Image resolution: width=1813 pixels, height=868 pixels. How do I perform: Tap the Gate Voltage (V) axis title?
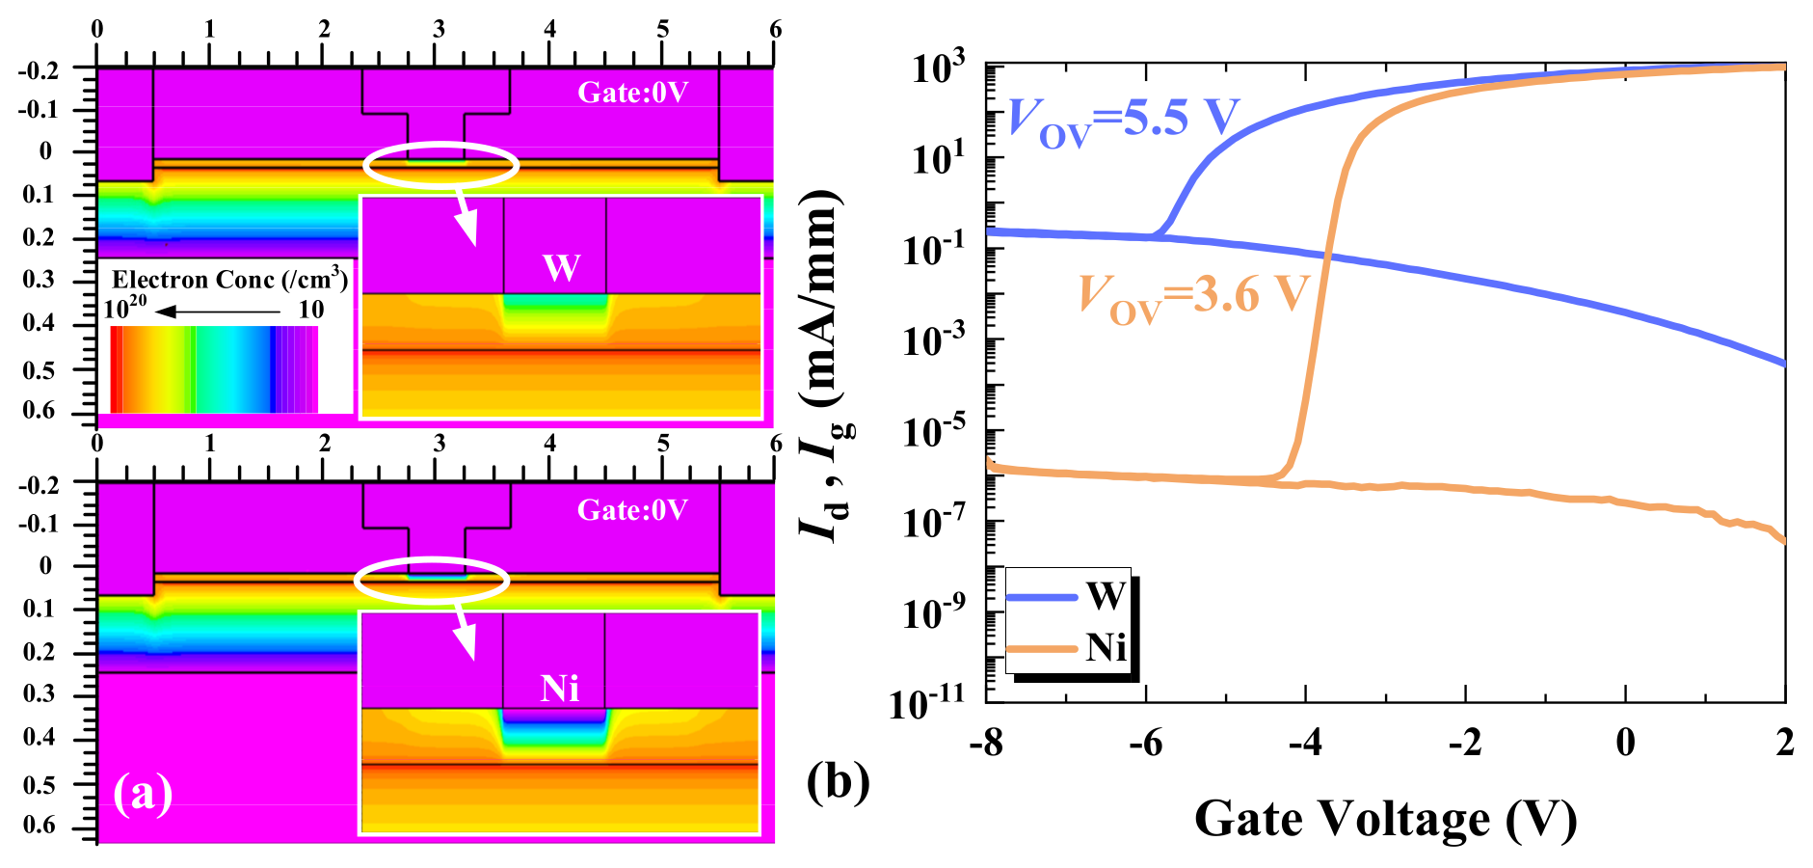click(1385, 819)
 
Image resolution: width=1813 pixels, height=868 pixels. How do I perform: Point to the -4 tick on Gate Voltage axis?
click(1306, 744)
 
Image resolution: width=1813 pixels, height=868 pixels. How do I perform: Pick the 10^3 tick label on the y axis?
click(938, 68)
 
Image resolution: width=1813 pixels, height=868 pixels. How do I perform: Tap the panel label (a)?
click(143, 793)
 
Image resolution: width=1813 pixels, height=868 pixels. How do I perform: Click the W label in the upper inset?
click(561, 267)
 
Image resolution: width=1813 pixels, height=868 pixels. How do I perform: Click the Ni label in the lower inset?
click(560, 689)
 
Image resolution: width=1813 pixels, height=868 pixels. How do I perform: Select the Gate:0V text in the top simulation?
click(632, 93)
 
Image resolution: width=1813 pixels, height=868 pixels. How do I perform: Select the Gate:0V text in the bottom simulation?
click(632, 510)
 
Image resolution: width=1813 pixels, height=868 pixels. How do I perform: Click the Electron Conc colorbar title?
click(229, 280)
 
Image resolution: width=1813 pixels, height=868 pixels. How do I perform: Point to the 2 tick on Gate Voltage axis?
click(1785, 744)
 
